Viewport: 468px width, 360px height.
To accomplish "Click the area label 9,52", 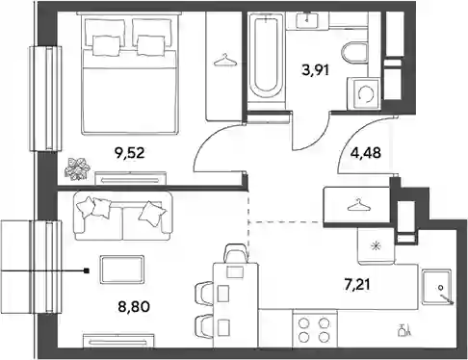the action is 129,153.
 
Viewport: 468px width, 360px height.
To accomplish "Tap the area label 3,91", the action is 316,69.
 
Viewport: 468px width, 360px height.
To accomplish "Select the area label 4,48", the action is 366,153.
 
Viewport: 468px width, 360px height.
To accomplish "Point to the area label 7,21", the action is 357,285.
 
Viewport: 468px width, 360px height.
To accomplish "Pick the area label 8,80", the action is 134,307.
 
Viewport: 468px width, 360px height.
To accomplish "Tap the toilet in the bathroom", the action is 354,53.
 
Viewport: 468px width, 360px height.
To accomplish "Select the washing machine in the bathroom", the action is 364,93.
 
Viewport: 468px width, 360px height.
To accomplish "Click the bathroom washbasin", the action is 307,20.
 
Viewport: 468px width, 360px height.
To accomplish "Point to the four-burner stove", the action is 314,328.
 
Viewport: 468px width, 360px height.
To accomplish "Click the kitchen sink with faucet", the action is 437,287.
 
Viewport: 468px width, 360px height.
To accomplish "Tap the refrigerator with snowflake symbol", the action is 376,246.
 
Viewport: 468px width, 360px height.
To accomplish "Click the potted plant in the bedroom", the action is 77,168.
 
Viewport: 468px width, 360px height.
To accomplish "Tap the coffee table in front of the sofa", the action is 121,270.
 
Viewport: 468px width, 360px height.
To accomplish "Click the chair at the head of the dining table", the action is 238,253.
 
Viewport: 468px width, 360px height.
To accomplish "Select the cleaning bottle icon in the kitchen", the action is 403,330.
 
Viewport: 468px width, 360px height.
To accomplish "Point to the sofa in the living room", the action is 123,216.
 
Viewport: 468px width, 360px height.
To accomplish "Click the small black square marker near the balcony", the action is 87,271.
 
